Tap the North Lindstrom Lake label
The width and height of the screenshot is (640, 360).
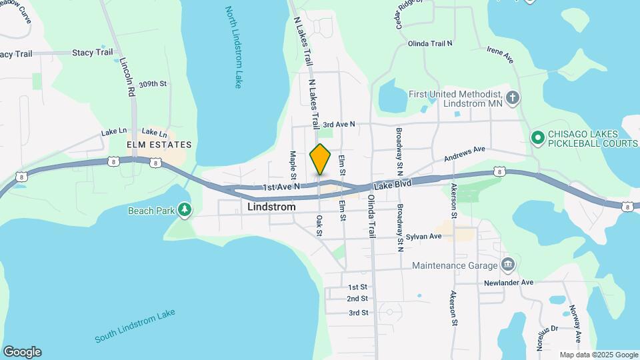[233, 47]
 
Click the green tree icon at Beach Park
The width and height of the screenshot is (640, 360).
[185, 211]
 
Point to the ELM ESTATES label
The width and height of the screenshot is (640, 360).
[159, 144]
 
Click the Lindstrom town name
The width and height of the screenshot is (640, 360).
[271, 207]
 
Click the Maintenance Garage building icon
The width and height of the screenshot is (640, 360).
[508, 265]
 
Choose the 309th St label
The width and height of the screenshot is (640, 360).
[147, 84]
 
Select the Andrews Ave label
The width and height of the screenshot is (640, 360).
[465, 154]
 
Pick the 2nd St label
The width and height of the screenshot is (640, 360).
[357, 299]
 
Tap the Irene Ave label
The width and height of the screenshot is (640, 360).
[500, 55]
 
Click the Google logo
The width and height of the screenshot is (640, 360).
[22, 351]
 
